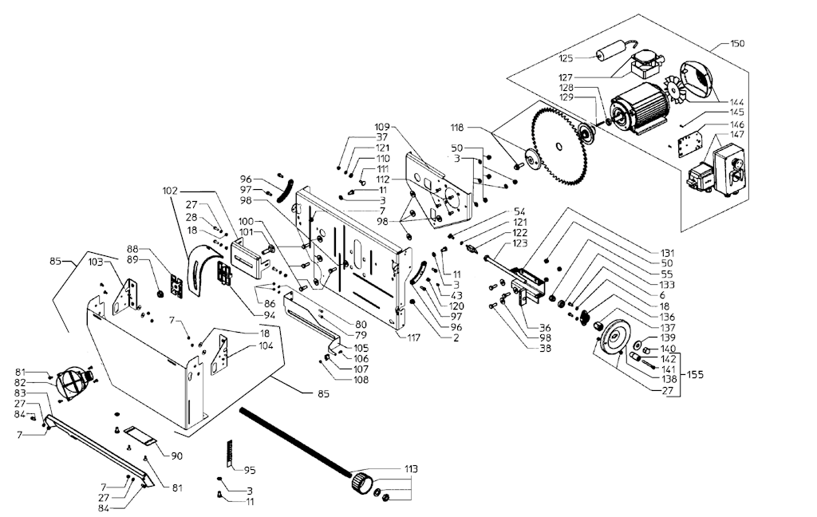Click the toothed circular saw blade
(x=560, y=150)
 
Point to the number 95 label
(x=250, y=469)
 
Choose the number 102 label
(x=170, y=191)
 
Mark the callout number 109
(x=381, y=127)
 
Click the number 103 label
(x=95, y=262)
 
